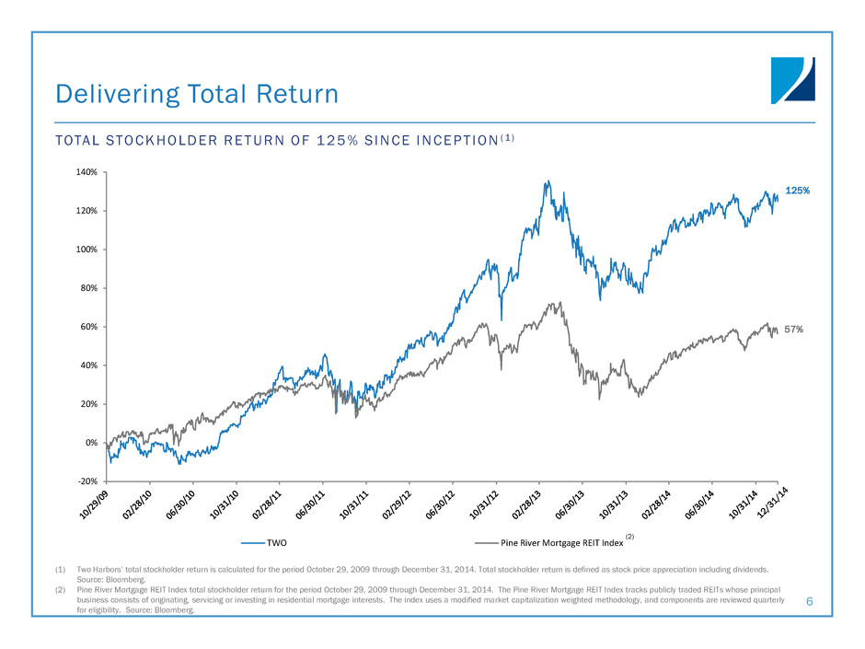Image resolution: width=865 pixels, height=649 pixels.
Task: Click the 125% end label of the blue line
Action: click(x=797, y=191)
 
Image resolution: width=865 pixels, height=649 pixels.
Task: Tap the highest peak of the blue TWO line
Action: click(x=548, y=181)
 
